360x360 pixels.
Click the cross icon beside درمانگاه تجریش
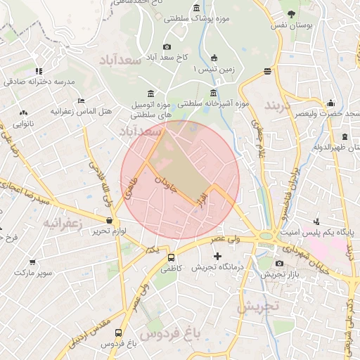click(217, 255)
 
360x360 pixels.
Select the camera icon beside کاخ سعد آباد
click(167, 48)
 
